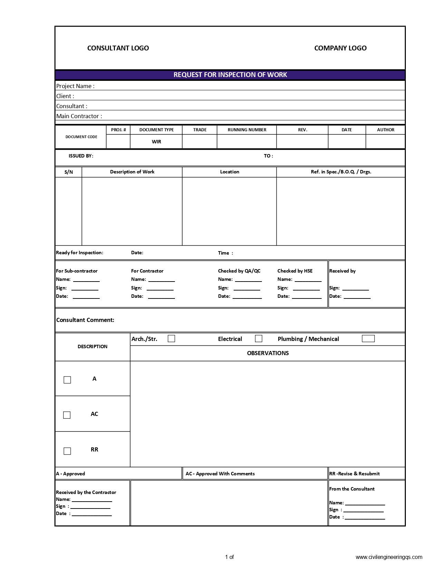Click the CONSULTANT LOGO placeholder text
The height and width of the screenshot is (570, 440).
coord(118,48)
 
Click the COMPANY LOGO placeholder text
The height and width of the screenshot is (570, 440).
coord(340,48)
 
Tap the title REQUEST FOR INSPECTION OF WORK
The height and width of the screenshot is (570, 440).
coord(230,75)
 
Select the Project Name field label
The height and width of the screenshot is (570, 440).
coord(75,86)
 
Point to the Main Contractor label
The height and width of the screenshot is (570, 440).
coord(79,116)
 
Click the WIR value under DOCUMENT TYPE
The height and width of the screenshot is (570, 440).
coord(156,142)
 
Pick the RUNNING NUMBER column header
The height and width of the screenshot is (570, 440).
coord(247,130)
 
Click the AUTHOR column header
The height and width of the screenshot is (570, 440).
coord(385,130)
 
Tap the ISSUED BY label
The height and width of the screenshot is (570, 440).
coord(81,156)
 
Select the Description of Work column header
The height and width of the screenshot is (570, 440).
coord(132,172)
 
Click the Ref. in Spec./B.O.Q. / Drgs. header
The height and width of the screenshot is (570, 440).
coord(341,172)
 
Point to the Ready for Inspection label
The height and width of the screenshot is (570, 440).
coord(79,253)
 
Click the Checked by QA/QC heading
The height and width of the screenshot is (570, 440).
coord(239,271)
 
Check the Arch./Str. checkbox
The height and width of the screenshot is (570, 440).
coord(171,339)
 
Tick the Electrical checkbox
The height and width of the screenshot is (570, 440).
coord(258,339)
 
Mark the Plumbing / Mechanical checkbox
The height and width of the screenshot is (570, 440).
coord(368,339)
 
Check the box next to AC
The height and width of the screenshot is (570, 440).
coord(67,415)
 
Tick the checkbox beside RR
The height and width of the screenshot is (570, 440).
coord(67,451)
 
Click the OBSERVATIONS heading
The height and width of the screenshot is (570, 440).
coord(268,353)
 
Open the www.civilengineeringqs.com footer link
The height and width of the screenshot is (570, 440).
coord(389,557)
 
